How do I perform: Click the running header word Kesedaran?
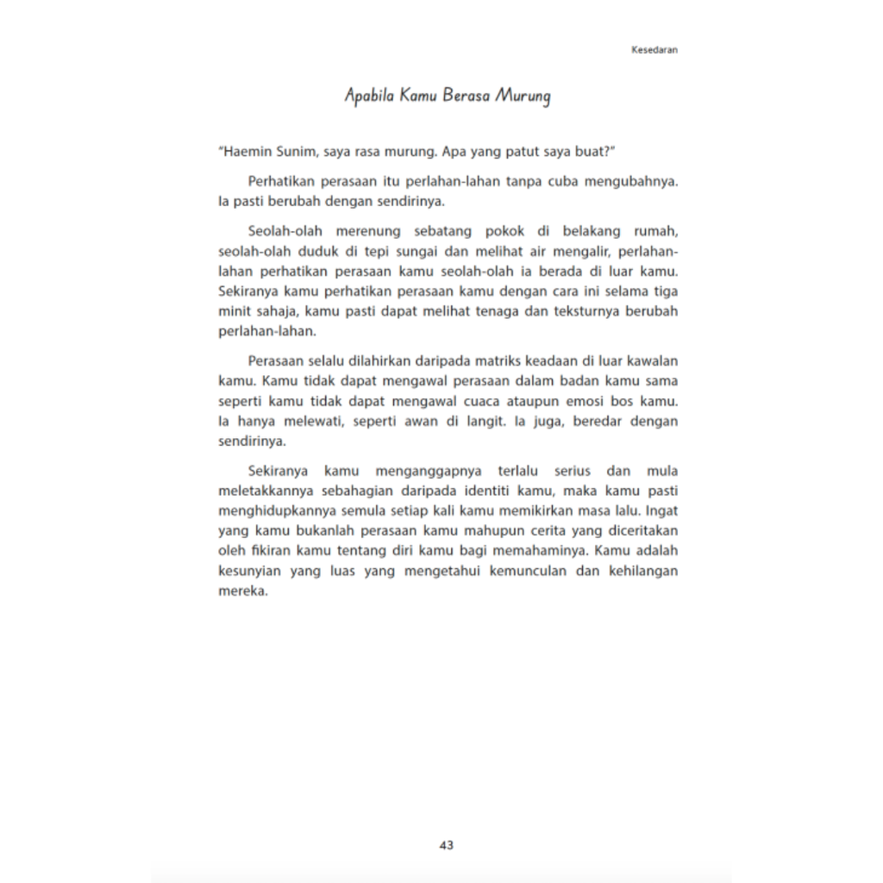[x=654, y=50]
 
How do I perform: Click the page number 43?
[x=446, y=845]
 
